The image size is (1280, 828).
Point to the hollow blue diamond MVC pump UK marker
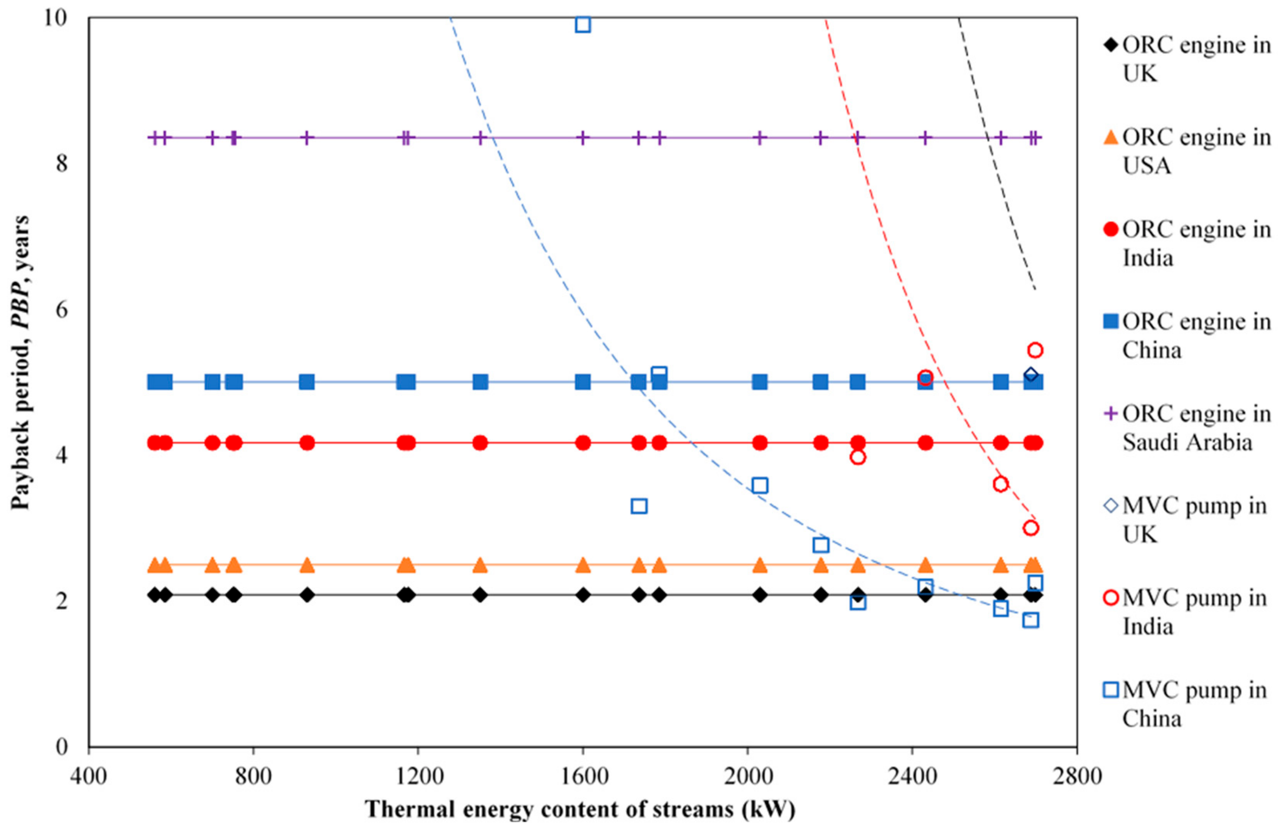coord(1030,374)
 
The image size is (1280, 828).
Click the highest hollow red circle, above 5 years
coord(1035,350)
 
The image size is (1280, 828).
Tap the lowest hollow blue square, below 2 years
coord(1030,620)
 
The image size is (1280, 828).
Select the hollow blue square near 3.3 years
coord(639,506)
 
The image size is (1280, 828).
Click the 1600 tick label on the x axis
coord(582,777)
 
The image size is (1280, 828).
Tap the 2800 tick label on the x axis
coord(1076,777)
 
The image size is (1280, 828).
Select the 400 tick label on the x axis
coord(89,777)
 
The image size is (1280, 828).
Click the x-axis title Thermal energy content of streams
coord(580,809)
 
